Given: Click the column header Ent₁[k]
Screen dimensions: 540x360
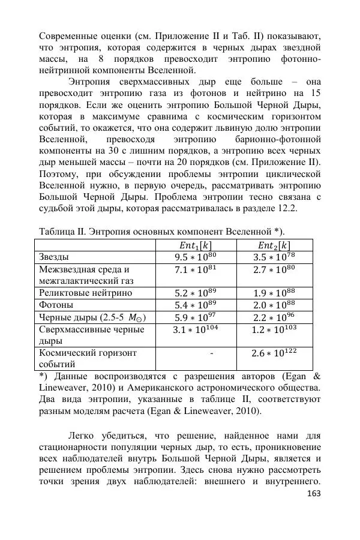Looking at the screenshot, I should click(196, 245).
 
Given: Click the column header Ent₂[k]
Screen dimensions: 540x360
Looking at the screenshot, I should click(274, 245).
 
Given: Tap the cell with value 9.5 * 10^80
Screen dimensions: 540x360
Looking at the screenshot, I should click(196, 257).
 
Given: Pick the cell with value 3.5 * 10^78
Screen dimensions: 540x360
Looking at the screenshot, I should click(274, 257).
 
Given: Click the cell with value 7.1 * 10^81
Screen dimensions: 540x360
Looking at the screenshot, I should click(196, 270).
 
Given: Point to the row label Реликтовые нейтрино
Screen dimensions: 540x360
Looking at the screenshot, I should click(85, 293).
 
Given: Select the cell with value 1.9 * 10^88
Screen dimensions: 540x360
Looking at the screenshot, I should click(274, 293).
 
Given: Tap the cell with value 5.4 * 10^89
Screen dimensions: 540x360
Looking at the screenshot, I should click(196, 305).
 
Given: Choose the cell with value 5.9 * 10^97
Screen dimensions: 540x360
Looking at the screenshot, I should click(196, 318).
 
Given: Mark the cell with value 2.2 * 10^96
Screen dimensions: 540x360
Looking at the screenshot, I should click(274, 318).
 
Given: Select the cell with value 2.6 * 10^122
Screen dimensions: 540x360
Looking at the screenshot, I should click(274, 354).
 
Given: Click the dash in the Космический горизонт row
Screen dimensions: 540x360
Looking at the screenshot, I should click(212, 353).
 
